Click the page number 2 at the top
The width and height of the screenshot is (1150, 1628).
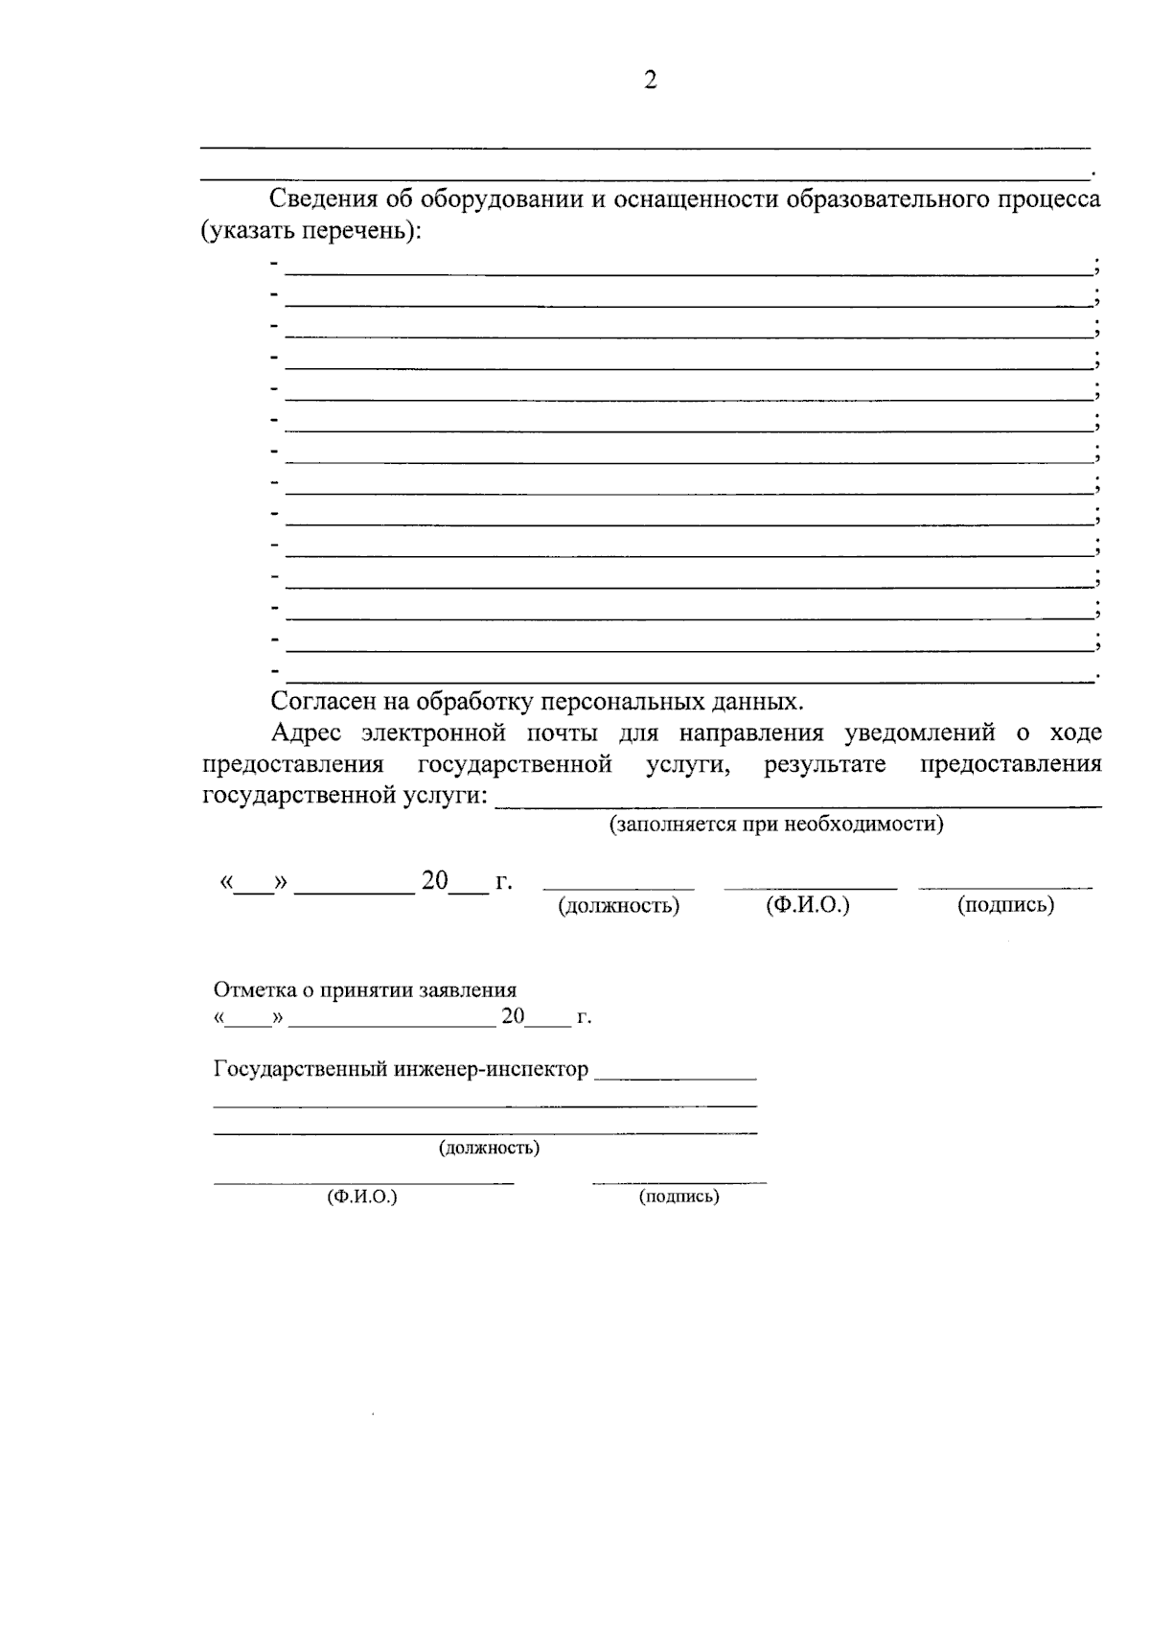point(651,81)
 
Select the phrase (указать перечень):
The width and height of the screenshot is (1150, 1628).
point(311,231)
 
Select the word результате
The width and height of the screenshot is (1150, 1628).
point(825,765)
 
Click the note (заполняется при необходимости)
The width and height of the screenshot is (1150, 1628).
point(776,824)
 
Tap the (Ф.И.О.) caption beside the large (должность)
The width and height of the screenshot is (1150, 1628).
point(808,904)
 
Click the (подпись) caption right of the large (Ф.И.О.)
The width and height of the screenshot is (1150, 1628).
point(1005,904)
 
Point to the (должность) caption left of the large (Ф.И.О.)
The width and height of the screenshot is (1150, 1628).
point(619,905)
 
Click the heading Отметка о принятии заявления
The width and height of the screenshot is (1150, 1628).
point(365,989)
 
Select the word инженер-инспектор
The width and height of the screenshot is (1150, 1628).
point(492,1069)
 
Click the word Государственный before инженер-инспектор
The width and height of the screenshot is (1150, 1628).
point(300,1069)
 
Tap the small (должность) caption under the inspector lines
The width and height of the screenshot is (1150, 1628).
point(489,1148)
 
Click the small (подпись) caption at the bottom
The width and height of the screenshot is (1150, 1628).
point(678,1197)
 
